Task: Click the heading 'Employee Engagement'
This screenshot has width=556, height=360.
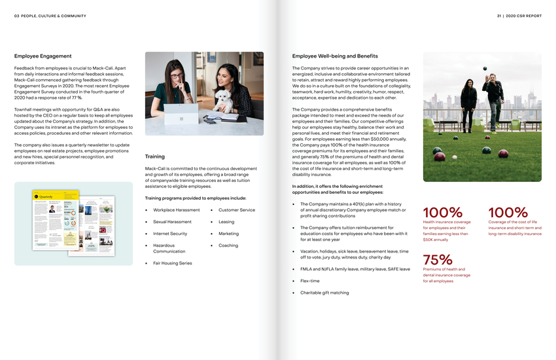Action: [43, 56]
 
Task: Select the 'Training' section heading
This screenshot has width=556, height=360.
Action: [155, 156]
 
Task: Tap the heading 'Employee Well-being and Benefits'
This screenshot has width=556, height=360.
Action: [335, 56]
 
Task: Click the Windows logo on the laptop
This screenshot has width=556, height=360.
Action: [181, 119]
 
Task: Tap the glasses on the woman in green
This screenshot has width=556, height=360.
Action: [176, 76]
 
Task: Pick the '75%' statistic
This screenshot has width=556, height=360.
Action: [438, 260]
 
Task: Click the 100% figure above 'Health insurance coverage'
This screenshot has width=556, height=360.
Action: [443, 213]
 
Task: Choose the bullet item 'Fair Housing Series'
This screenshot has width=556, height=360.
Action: [173, 263]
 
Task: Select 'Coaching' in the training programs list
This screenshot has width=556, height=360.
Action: [228, 245]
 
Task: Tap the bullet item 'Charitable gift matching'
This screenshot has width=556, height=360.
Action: [324, 293]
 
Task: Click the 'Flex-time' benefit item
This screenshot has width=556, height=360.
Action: [309, 281]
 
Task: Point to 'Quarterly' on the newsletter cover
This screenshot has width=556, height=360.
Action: [46, 196]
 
